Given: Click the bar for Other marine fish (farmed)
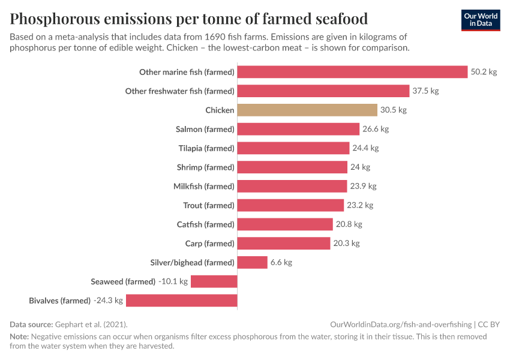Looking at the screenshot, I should pyautogui.click(x=352, y=72).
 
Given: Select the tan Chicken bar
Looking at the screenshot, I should pyautogui.click(x=307, y=110).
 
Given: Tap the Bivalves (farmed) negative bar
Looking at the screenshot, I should pyautogui.click(x=181, y=301).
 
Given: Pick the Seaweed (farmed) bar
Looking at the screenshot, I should pyautogui.click(x=214, y=281).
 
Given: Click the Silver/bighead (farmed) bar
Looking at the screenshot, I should pyautogui.click(x=252, y=262).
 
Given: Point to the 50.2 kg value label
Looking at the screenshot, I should pyautogui.click(x=484, y=72).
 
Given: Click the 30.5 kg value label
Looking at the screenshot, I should pyautogui.click(x=394, y=110).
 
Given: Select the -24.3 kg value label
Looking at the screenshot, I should pyautogui.click(x=108, y=301).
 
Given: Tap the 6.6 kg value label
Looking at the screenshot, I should pyautogui.click(x=281, y=262).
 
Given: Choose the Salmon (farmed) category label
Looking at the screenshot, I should pyautogui.click(x=205, y=129).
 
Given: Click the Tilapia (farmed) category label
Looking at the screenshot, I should pyautogui.click(x=206, y=148).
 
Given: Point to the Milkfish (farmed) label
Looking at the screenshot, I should pyautogui.click(x=203, y=186).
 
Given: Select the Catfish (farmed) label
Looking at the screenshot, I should pyautogui.click(x=205, y=224).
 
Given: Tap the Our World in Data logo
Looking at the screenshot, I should pyautogui.click(x=480, y=20).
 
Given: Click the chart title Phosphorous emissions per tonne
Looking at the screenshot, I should pyautogui.click(x=188, y=18).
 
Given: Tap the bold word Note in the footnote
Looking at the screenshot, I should pyautogui.click(x=19, y=337).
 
